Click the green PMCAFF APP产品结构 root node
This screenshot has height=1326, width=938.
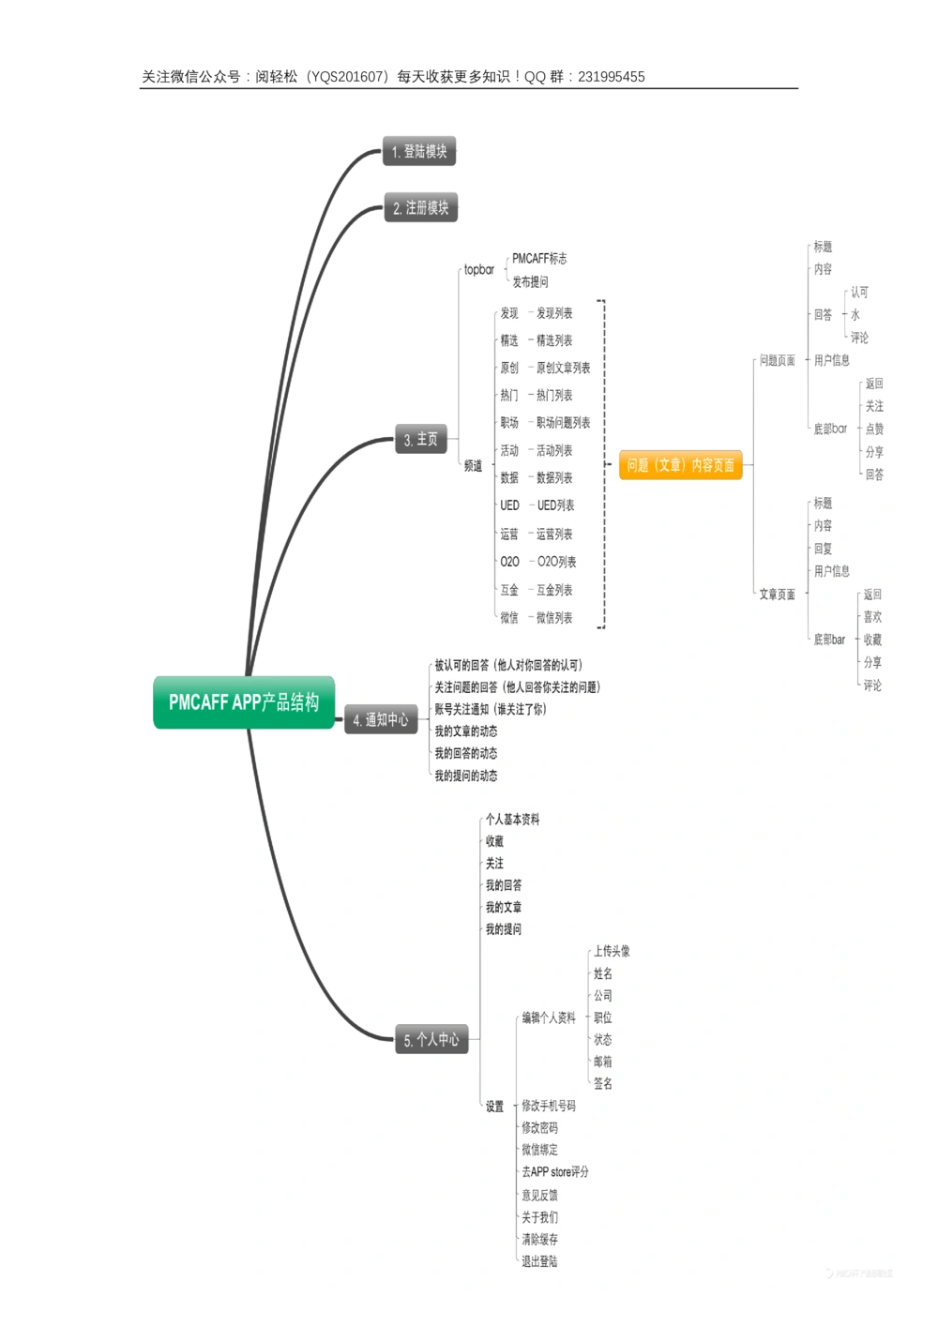coord(244,702)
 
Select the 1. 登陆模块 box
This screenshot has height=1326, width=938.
coord(419,151)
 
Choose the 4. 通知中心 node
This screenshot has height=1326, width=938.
coord(381,719)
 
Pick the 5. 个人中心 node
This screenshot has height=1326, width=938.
coord(431,1039)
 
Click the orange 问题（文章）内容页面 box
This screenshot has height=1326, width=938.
coord(680,465)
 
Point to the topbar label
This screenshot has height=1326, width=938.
coord(478,270)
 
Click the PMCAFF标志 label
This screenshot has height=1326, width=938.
coord(539,259)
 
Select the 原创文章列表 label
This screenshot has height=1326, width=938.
coord(563,368)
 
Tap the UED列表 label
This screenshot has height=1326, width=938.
coord(555,505)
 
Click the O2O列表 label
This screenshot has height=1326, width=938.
coord(556,562)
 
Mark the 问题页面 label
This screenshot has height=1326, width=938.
coord(777,360)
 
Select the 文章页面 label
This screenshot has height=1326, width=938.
coord(777,595)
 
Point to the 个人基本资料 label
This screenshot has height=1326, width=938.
coord(512,820)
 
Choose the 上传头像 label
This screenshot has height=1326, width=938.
coord(612,951)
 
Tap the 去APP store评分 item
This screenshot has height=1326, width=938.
coord(555,1172)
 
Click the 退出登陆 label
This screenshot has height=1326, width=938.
coord(539,1261)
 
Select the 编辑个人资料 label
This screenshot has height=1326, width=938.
coord(549,1017)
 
